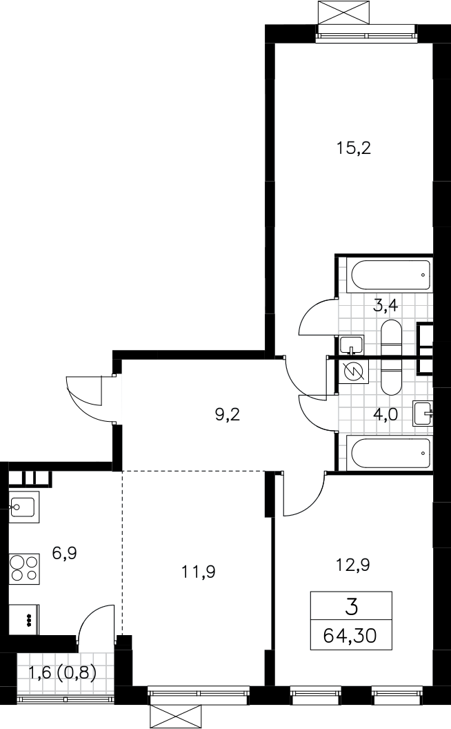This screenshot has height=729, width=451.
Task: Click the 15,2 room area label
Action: pyautogui.click(x=353, y=148)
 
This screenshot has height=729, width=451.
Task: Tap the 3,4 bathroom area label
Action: pyautogui.click(x=385, y=307)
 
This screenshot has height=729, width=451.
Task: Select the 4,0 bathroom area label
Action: pyautogui.click(x=385, y=414)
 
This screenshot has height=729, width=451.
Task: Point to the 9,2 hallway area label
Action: pyautogui.click(x=227, y=414)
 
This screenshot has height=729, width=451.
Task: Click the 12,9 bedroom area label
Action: pyautogui.click(x=352, y=565)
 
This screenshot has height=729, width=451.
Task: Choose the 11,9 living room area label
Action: pyautogui.click(x=199, y=572)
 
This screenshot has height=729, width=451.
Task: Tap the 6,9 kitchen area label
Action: pyautogui.click(x=64, y=553)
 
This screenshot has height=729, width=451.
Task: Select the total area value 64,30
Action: pyautogui.click(x=350, y=635)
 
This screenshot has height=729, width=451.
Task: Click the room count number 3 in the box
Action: pyautogui.click(x=352, y=607)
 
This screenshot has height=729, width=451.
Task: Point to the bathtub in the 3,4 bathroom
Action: pyautogui.click(x=390, y=276)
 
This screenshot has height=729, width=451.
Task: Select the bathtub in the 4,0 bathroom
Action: pyautogui.click(x=390, y=454)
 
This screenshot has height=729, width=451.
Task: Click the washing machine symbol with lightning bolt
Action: pyautogui.click(x=354, y=371)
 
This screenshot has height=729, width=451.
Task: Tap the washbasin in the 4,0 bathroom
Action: pyautogui.click(x=423, y=414)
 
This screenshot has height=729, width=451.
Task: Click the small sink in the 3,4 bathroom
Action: pyautogui.click(x=351, y=344)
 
